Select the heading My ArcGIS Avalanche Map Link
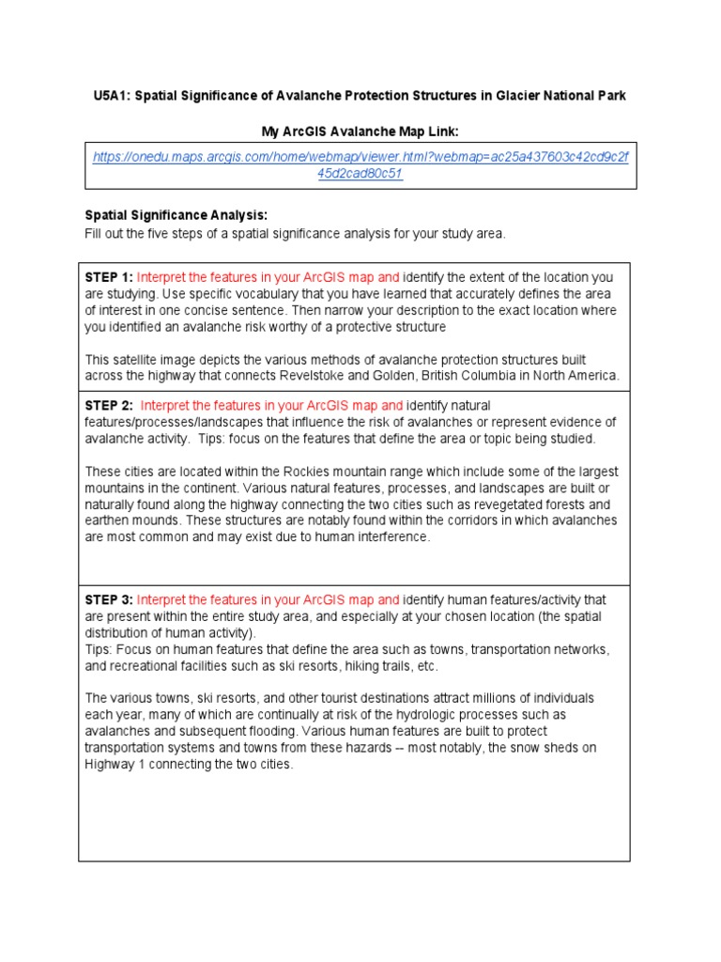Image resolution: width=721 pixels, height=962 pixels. pos(360,131)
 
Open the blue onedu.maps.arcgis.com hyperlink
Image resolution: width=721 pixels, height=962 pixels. pos(360,165)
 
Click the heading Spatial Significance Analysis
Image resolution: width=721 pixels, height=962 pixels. pos(176,215)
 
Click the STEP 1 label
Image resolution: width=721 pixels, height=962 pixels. pos(109,277)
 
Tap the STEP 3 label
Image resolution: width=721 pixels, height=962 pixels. pos(109,599)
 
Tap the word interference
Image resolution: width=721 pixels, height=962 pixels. pos(388,537)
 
